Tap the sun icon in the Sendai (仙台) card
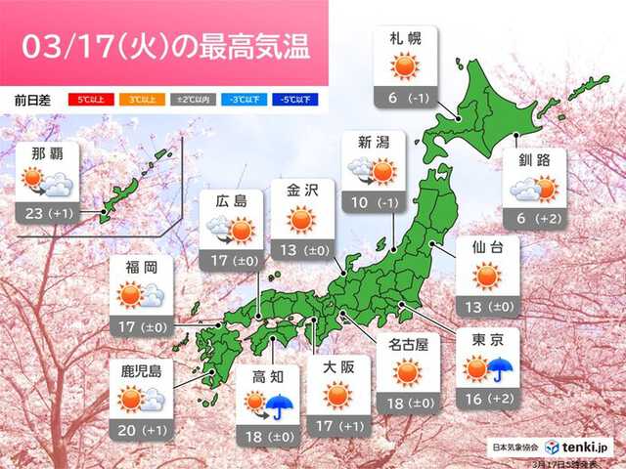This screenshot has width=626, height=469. click(x=486, y=277)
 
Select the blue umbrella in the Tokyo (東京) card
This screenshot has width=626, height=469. click(x=502, y=369)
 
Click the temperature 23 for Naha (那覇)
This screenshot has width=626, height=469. click(x=32, y=214)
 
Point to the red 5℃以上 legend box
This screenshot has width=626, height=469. click(x=87, y=99)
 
